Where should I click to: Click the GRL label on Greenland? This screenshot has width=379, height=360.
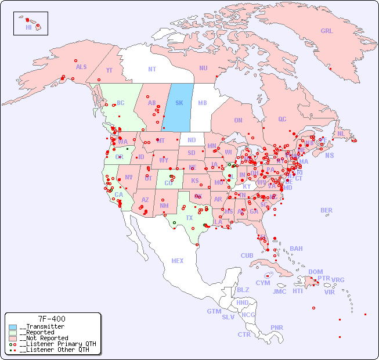(x=327, y=31)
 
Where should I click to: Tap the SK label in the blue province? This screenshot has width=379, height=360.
(x=179, y=103)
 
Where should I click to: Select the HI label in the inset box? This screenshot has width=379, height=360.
(x=28, y=27)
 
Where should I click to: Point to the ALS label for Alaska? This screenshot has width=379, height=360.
(x=81, y=67)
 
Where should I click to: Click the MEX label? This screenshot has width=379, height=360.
(x=178, y=261)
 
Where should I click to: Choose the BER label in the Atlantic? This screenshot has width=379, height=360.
(x=327, y=210)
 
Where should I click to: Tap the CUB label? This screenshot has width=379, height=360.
(x=247, y=255)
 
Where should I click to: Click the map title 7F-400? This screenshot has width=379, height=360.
(x=52, y=319)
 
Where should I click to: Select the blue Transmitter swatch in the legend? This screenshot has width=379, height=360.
(x=13, y=327)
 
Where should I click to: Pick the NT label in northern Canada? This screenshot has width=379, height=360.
(x=152, y=69)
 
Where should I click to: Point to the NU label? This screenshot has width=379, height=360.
(x=203, y=68)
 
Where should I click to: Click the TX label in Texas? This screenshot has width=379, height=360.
(x=189, y=218)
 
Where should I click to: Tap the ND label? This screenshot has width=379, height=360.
(x=192, y=140)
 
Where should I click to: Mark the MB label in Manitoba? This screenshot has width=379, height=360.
(x=203, y=103)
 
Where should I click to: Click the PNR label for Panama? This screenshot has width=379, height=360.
(x=277, y=327)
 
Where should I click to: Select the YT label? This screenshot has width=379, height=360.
(x=109, y=70)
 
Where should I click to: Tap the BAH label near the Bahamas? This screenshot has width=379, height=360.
(x=296, y=249)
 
